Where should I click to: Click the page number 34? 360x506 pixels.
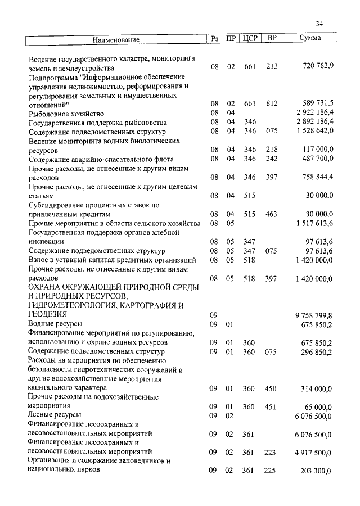(x=319, y=24)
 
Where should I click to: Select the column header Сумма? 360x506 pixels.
(x=310, y=39)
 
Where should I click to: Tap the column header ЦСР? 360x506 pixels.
(x=249, y=39)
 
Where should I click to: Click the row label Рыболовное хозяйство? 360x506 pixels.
(x=66, y=113)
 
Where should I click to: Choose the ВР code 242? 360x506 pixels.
(x=272, y=159)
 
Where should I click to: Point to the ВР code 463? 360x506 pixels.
(x=272, y=214)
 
